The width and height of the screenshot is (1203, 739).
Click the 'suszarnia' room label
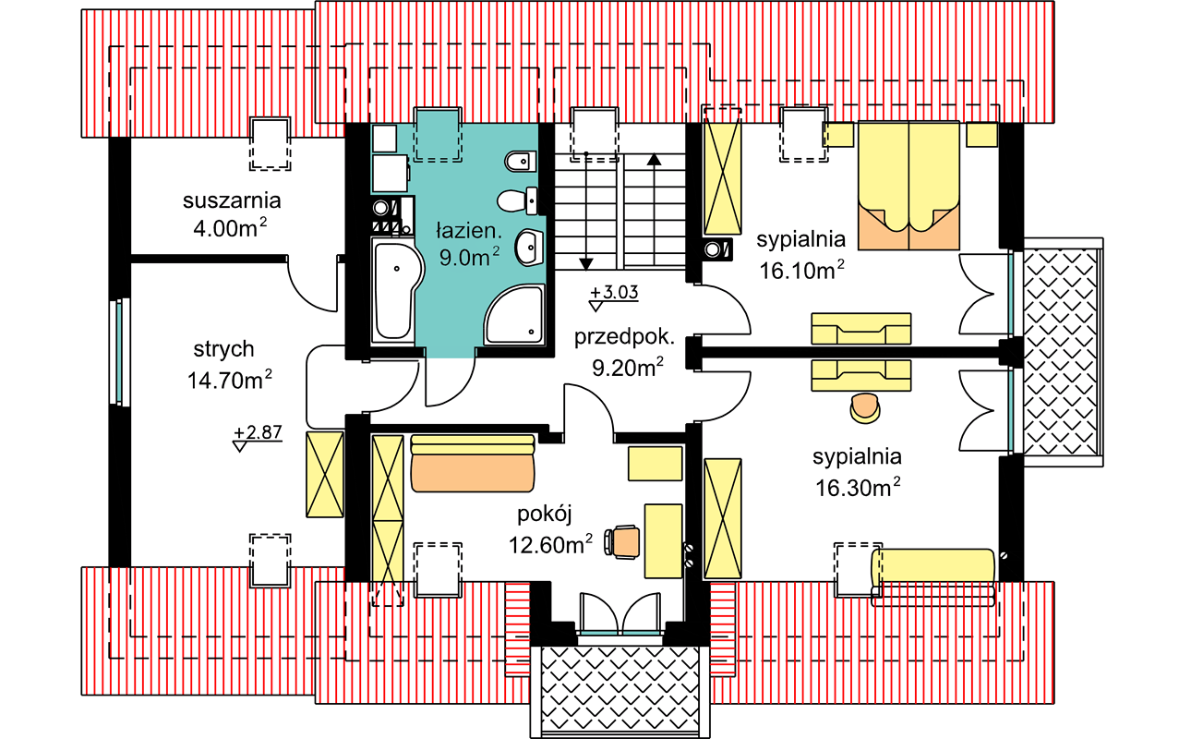click(x=232, y=200)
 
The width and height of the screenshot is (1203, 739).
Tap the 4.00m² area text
click(x=230, y=228)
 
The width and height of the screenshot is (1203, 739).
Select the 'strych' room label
click(x=223, y=349)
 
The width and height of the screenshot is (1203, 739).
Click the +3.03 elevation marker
click(x=614, y=297)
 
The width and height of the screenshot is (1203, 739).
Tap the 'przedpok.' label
click(x=624, y=337)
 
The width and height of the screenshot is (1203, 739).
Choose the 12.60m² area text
click(x=550, y=544)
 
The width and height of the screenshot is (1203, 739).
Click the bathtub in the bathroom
click(x=396, y=290)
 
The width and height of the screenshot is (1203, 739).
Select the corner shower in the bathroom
click(x=514, y=314)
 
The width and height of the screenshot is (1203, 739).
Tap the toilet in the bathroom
click(x=517, y=200)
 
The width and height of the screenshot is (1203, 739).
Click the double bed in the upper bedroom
click(x=908, y=186)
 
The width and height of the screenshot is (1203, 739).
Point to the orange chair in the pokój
click(x=622, y=541)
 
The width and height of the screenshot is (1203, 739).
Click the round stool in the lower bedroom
click(x=865, y=408)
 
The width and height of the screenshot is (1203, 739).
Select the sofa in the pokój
click(x=473, y=464)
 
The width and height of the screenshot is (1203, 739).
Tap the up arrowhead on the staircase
click(x=655, y=160)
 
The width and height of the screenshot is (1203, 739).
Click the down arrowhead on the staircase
click(x=586, y=264)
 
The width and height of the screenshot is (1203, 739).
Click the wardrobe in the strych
click(x=325, y=474)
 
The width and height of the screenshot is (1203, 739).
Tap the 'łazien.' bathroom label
click(x=469, y=231)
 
